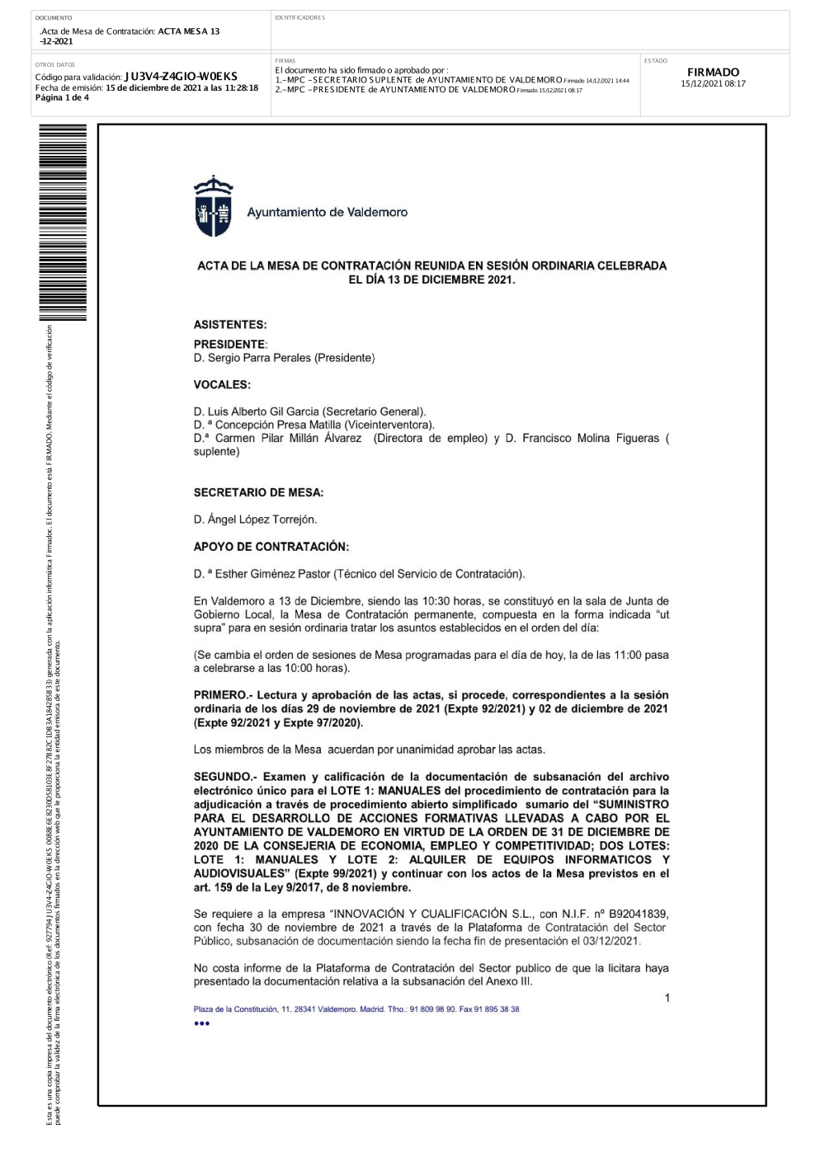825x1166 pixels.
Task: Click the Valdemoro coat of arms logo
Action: point(213,206)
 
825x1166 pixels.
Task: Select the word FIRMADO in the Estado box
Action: point(713,73)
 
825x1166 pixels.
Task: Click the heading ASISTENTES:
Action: point(230,325)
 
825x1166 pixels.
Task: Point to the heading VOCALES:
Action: point(222,384)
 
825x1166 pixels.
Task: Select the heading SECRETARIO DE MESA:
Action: point(258,492)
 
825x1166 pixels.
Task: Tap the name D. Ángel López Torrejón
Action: point(255,520)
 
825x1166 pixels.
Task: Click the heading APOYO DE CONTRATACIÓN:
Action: point(271,547)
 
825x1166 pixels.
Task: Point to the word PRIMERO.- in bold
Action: point(223,695)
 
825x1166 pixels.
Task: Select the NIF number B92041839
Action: point(639,914)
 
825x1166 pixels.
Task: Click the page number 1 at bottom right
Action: point(667,998)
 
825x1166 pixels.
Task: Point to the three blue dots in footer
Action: point(201,1023)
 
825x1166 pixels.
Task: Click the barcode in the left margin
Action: point(63,223)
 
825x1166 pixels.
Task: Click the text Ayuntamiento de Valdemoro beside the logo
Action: point(328,212)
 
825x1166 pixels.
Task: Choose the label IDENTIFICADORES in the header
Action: point(300,17)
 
